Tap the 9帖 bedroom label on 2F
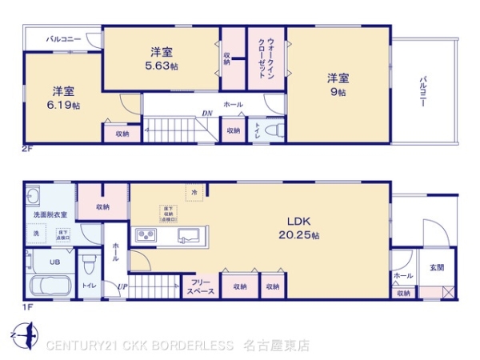(x=337, y=85)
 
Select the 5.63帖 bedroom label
(x=162, y=59)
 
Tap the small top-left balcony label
(x=62, y=38)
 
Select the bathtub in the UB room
(x=50, y=287)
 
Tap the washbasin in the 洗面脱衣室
(x=34, y=196)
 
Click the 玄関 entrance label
(x=437, y=267)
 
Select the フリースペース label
(x=200, y=286)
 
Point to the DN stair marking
(x=206, y=113)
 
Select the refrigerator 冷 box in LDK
(x=195, y=191)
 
